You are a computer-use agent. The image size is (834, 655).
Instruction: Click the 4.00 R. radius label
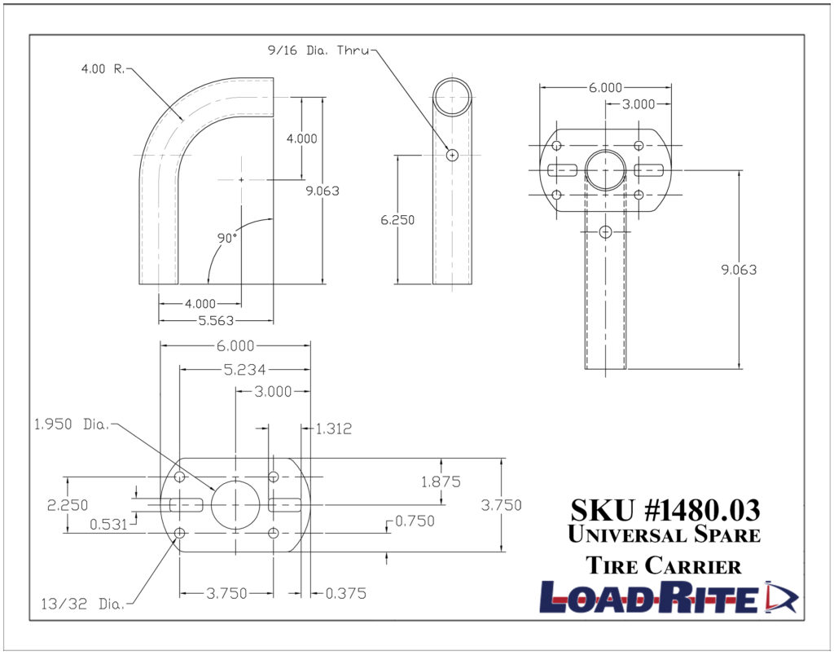102,69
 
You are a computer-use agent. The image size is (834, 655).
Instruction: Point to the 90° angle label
227,238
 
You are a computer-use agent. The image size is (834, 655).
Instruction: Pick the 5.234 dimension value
244,369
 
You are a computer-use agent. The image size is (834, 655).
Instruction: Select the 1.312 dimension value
333,429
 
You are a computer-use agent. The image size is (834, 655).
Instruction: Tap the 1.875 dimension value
441,481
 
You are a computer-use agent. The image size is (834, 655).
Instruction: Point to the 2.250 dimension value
68,505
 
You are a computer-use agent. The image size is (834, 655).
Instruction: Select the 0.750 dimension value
415,521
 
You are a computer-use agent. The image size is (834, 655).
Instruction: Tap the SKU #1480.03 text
665,510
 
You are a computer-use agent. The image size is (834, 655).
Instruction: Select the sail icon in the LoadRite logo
783,596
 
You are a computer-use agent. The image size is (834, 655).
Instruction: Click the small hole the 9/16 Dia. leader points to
453,154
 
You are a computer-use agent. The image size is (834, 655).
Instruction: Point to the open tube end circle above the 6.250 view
452,99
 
